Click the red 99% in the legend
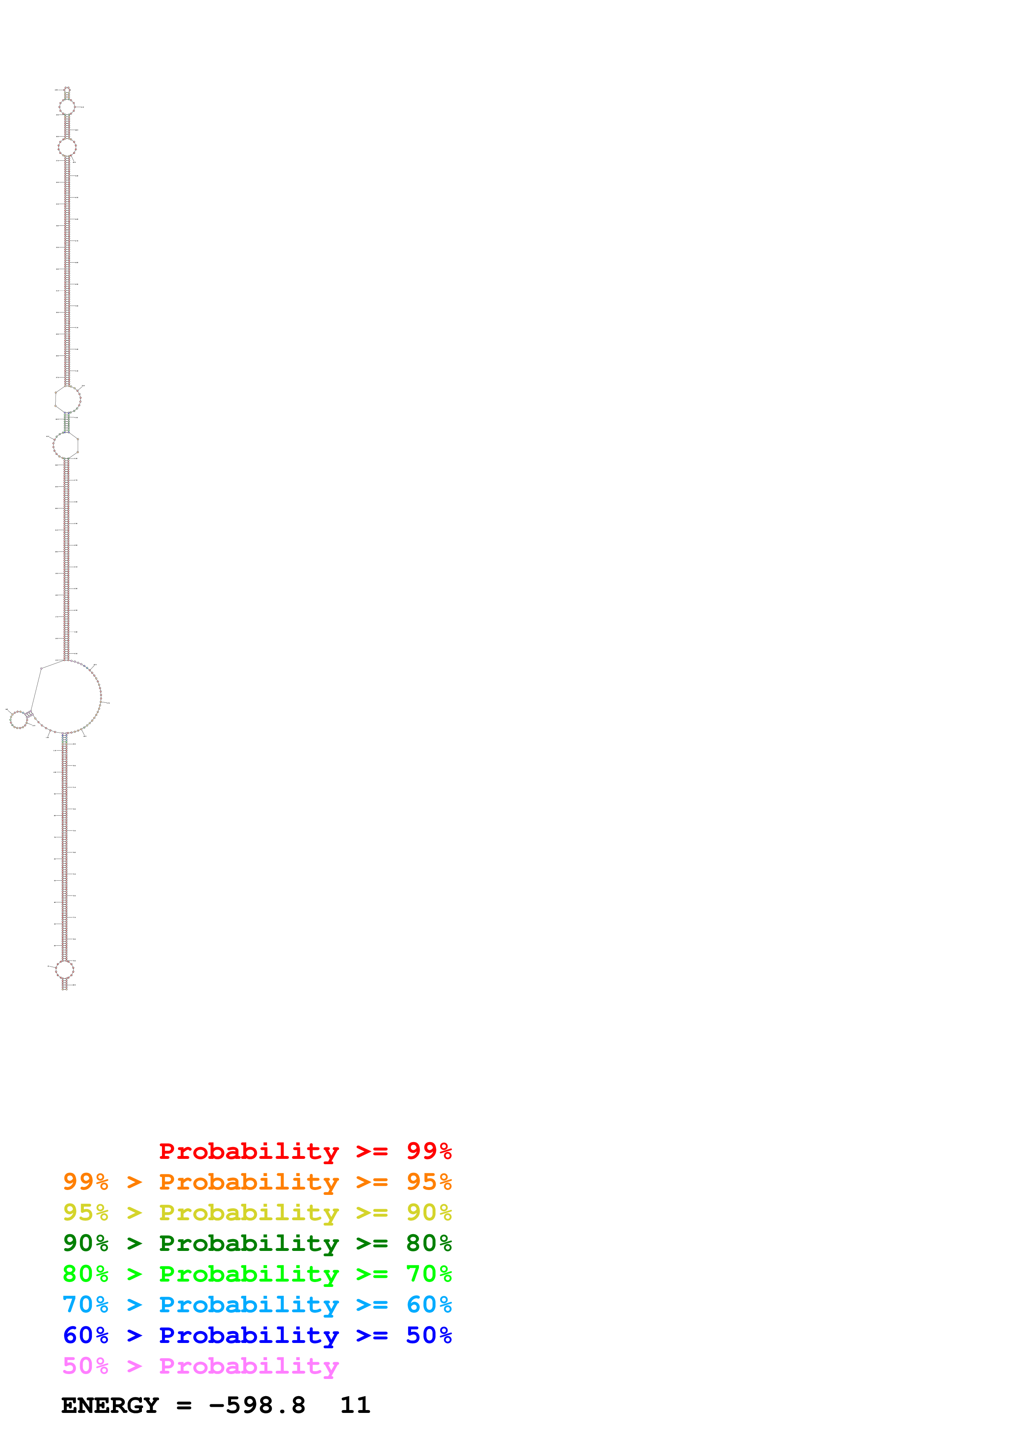[x=429, y=1151]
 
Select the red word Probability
[x=249, y=1151]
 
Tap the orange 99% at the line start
[x=85, y=1182]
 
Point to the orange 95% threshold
[x=429, y=1182]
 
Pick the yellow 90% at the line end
[x=429, y=1212]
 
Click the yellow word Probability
[x=249, y=1212]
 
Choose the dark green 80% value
[x=429, y=1243]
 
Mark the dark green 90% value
[x=85, y=1243]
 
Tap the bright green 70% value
[x=429, y=1274]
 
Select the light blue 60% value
[x=429, y=1305]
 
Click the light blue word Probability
[x=249, y=1305]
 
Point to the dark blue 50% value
[x=429, y=1335]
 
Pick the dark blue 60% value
[x=85, y=1335]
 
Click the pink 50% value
[x=85, y=1365]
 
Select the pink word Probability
[x=249, y=1365]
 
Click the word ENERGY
[x=110, y=1406]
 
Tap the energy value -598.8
[x=257, y=1406]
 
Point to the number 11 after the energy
[x=355, y=1406]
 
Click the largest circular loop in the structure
[x=65, y=696]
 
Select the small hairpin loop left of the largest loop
[x=19, y=720]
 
